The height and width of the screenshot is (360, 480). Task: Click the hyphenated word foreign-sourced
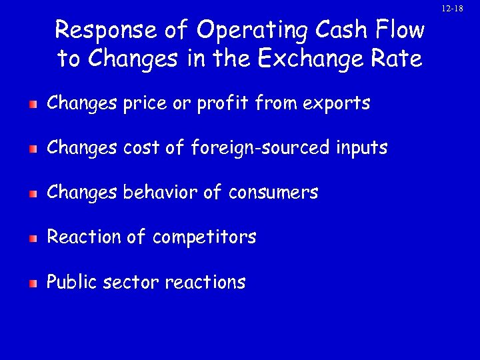click(x=260, y=148)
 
